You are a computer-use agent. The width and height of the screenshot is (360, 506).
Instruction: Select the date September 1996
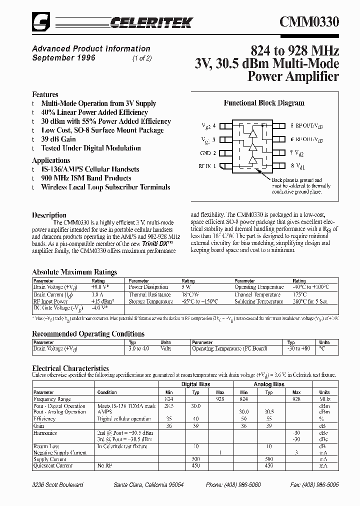point(63,58)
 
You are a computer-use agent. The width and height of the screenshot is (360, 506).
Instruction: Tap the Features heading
point(45,94)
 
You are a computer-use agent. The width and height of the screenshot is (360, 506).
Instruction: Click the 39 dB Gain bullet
point(58,139)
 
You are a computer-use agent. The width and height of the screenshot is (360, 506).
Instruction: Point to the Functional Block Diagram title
point(264,103)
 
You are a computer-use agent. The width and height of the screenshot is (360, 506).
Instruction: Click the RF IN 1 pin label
point(207,166)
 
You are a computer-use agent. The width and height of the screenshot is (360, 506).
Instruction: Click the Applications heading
point(51,160)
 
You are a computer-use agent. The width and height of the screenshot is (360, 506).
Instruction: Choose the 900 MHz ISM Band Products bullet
point(86,178)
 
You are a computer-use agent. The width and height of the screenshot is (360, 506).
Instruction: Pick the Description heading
point(49,215)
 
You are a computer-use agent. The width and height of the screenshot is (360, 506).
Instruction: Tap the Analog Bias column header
point(269,384)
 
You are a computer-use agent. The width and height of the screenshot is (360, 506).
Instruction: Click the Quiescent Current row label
point(52,465)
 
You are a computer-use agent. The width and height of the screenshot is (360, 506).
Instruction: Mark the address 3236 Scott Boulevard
point(57,485)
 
